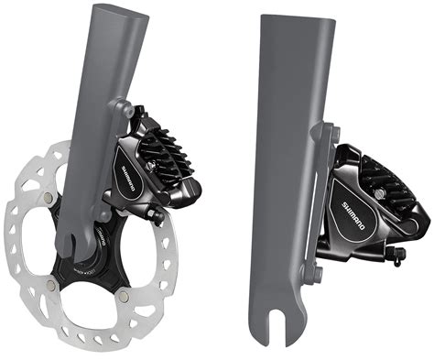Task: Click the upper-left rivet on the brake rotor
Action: coord(45,195)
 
